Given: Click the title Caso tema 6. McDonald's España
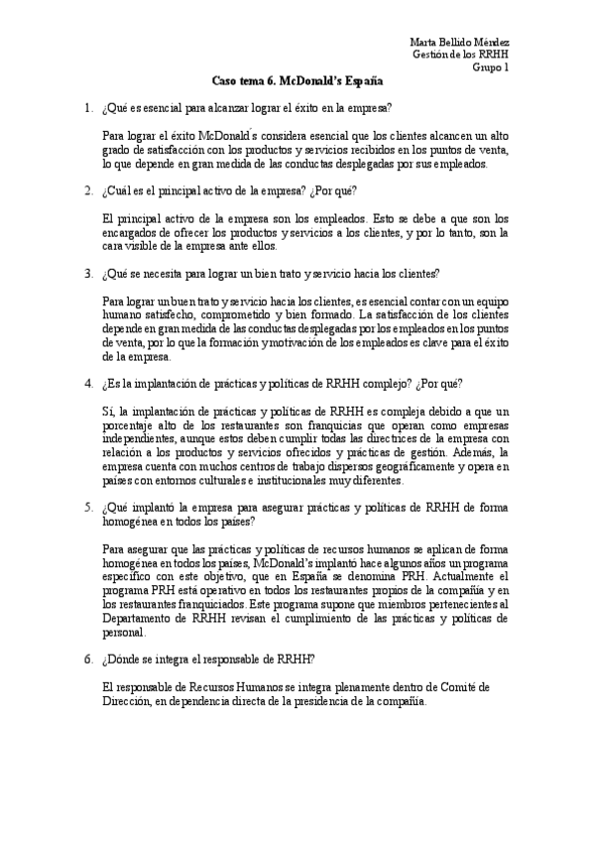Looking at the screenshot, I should click(x=297, y=82).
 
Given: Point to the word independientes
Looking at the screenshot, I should click(x=138, y=438).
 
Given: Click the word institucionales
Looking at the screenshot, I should click(x=286, y=480).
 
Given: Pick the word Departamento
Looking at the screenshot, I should click(x=141, y=617).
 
